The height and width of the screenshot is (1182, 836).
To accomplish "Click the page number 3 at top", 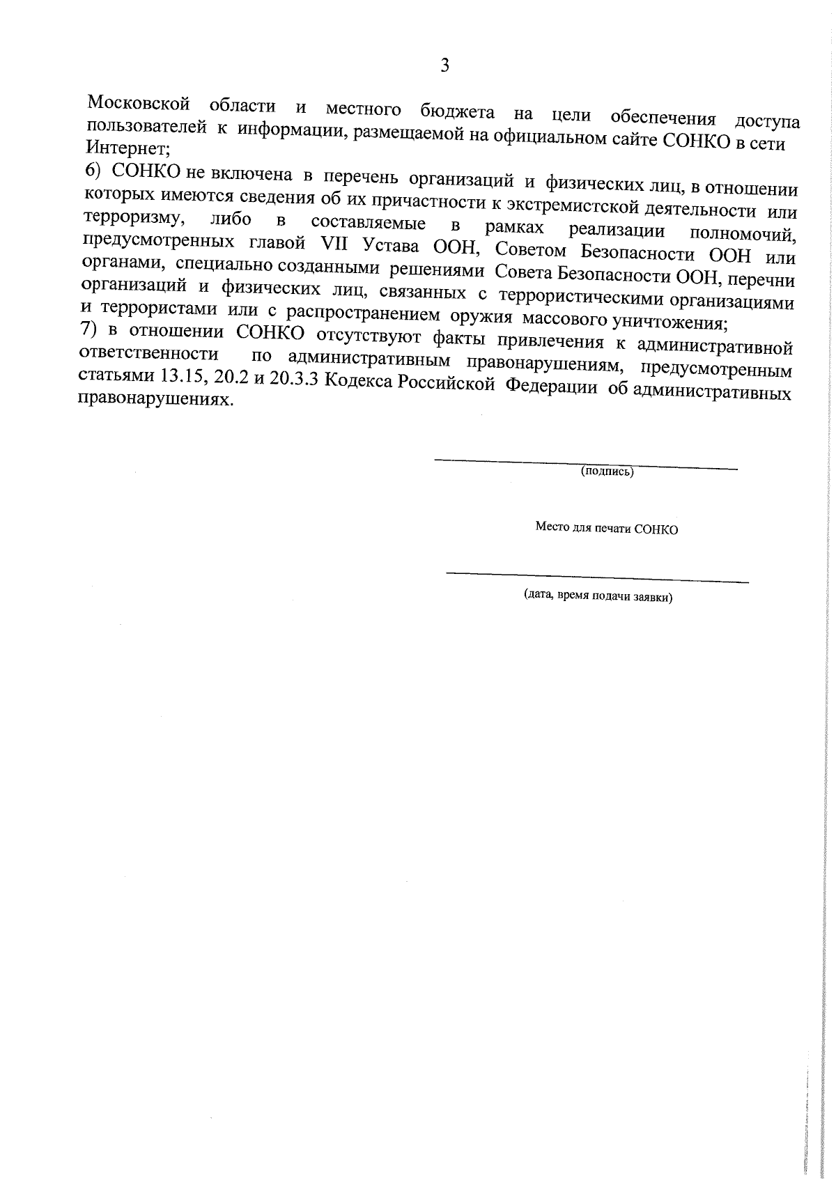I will point(444,65).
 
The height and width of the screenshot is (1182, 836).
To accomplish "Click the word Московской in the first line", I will point(139,104).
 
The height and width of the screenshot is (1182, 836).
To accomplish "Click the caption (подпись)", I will point(607,472).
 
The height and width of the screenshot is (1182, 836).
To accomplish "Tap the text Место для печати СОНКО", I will point(606,528).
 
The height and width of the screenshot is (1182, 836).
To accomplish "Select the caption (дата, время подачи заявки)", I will point(598,597).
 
